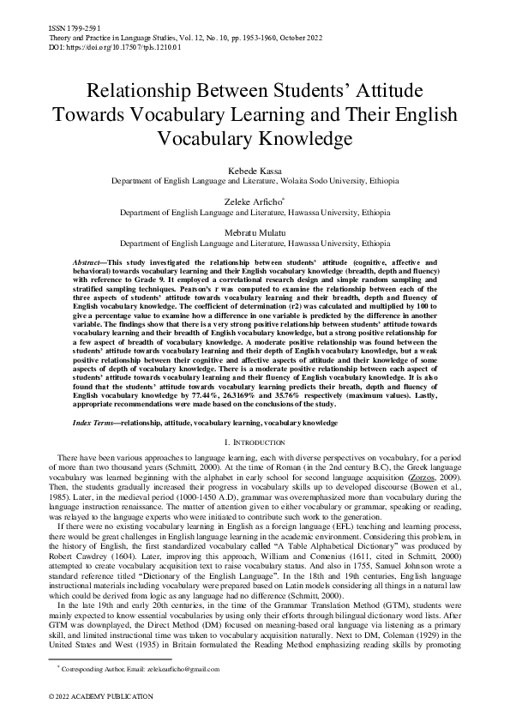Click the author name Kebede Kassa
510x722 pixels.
(x=255, y=171)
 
